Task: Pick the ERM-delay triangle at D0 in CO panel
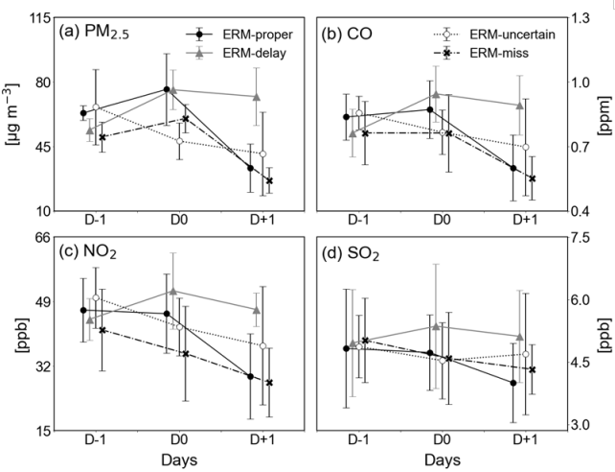[x=436, y=94]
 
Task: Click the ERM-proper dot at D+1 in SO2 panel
[x=513, y=383]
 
